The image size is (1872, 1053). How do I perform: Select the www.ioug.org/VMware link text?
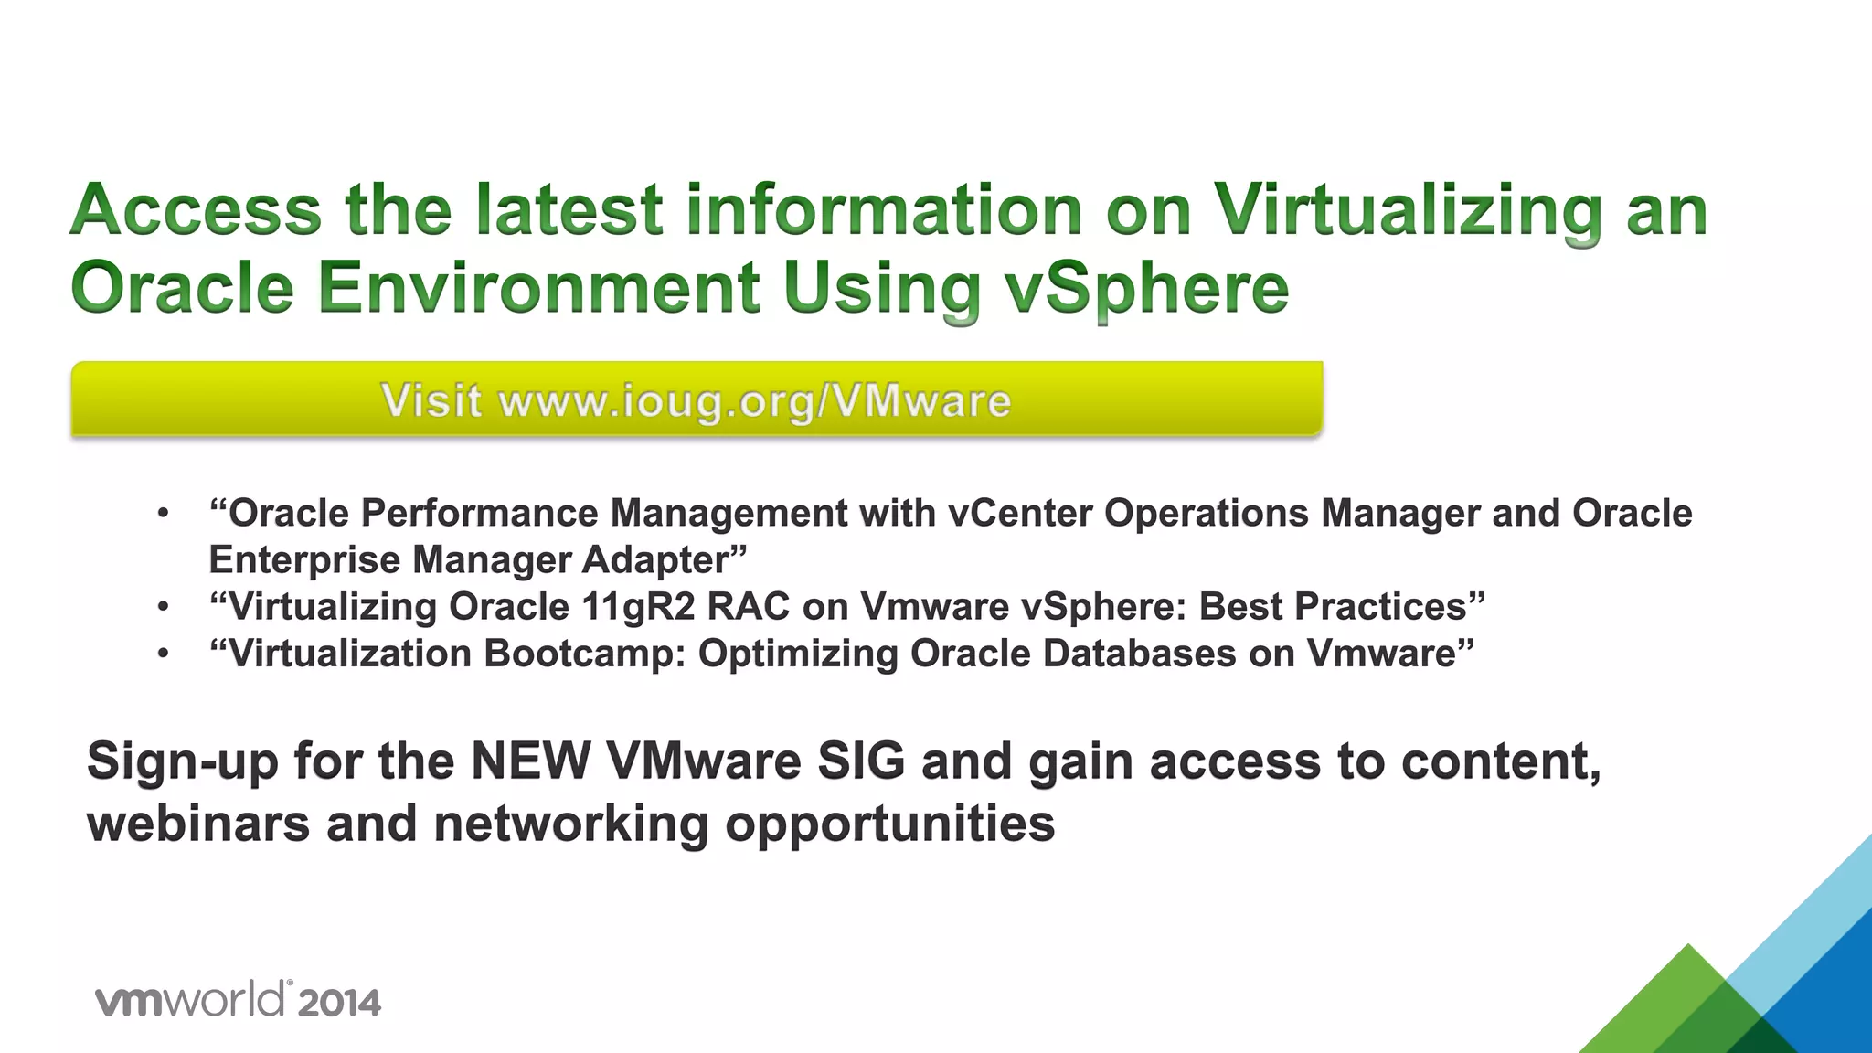point(755,402)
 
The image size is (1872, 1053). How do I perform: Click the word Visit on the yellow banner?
point(431,401)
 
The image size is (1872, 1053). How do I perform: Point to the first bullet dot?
point(163,514)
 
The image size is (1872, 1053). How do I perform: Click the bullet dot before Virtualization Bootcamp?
point(163,654)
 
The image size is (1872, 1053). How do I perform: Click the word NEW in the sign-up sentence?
point(530,761)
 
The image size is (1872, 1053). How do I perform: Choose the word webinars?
point(198,824)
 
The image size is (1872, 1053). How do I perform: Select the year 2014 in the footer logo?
point(339,1003)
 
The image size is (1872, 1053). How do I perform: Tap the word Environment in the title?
point(539,289)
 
